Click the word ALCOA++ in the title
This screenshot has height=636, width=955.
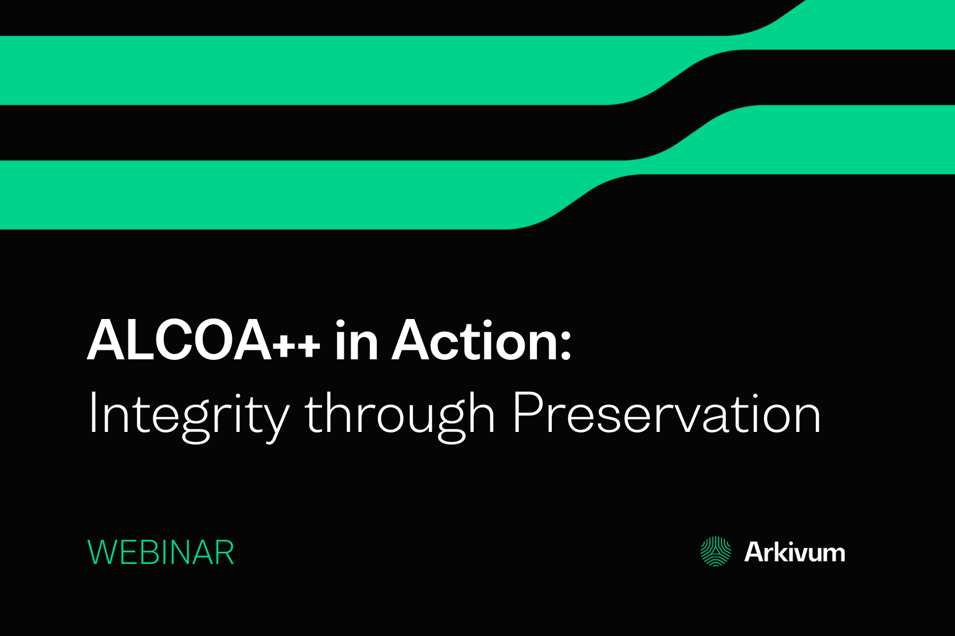pos(204,341)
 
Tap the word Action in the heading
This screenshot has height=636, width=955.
pos(475,341)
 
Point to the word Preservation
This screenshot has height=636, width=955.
pos(666,413)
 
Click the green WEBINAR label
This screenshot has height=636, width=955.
pos(161,553)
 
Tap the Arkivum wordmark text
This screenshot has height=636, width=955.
pos(794,552)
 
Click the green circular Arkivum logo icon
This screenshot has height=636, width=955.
pos(716,552)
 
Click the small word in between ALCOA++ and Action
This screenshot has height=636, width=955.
pos(357,341)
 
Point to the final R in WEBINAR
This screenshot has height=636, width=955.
pos(224,553)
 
